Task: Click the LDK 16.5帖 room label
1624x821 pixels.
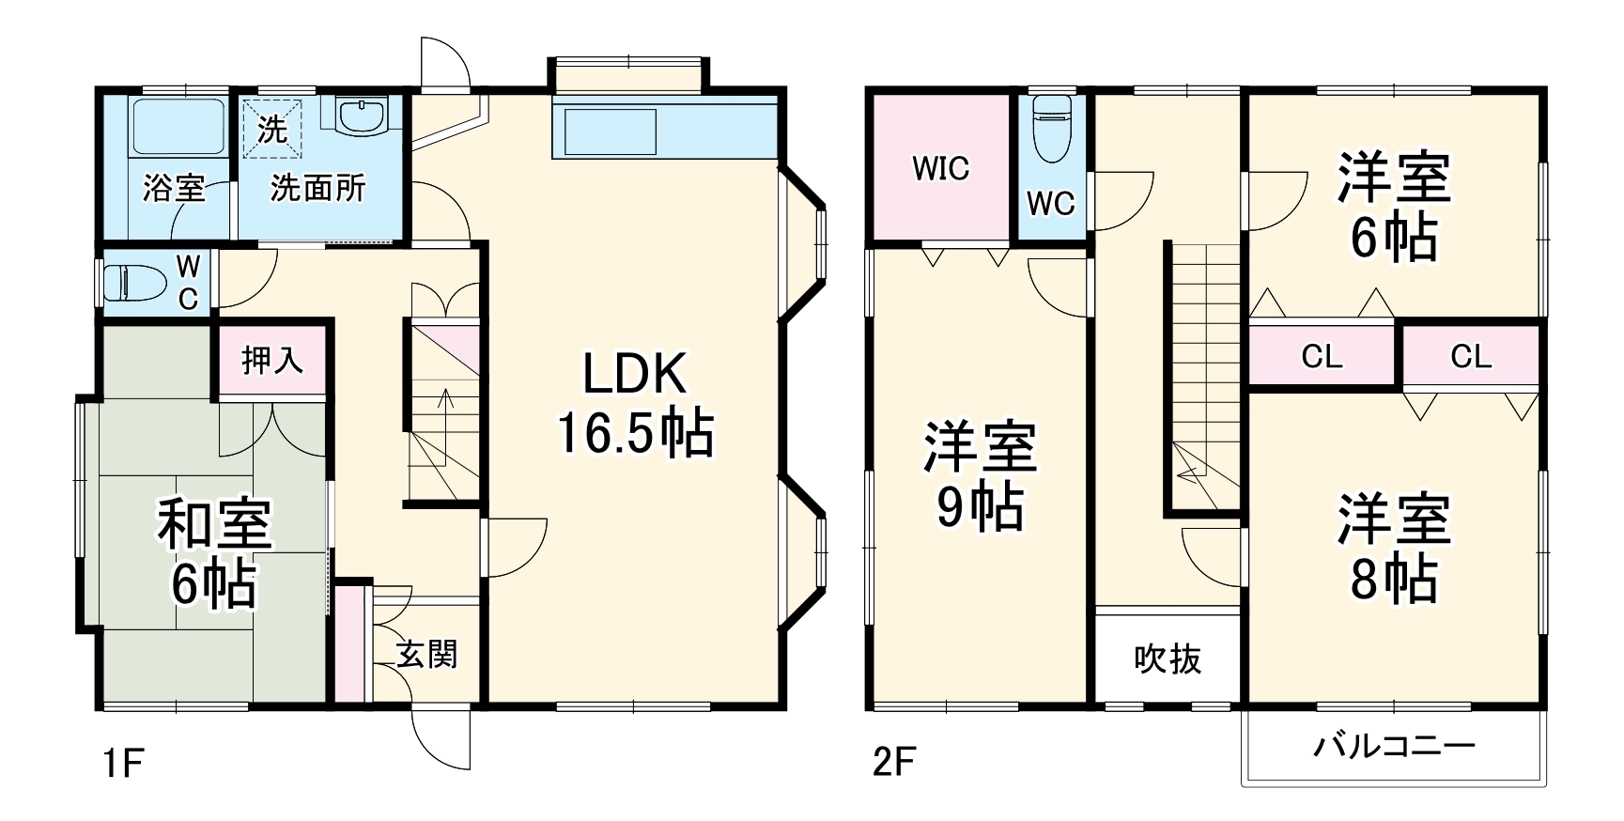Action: [x=635, y=404]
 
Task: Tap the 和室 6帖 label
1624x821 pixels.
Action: [x=214, y=553]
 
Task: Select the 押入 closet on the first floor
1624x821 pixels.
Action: [x=272, y=360]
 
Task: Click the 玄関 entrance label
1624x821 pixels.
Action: [x=426, y=654]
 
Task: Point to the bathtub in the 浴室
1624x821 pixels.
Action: [x=178, y=126]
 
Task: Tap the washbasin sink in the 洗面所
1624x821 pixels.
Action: [x=362, y=118]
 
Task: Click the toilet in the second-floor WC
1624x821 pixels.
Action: [x=1051, y=129]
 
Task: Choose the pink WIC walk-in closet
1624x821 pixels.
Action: [x=940, y=168]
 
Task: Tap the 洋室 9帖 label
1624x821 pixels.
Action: [x=980, y=476]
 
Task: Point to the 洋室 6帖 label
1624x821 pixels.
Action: [x=1394, y=206]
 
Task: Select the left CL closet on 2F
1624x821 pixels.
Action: [x=1322, y=356]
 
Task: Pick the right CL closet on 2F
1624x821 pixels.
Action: [x=1470, y=356]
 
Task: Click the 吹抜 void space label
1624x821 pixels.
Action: [x=1168, y=659]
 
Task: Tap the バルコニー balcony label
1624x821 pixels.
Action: [x=1394, y=748]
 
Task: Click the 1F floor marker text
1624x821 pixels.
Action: [x=123, y=764]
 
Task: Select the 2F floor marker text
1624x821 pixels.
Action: [x=893, y=762]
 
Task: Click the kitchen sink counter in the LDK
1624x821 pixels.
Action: [x=610, y=131]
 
